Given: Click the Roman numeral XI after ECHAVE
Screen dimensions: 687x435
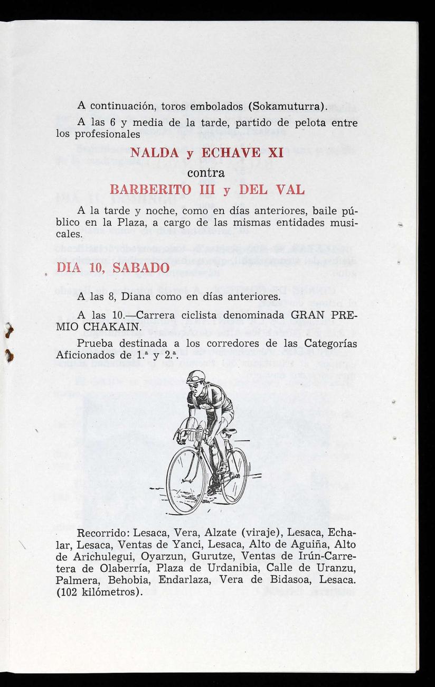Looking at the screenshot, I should pyautogui.click(x=275, y=155).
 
